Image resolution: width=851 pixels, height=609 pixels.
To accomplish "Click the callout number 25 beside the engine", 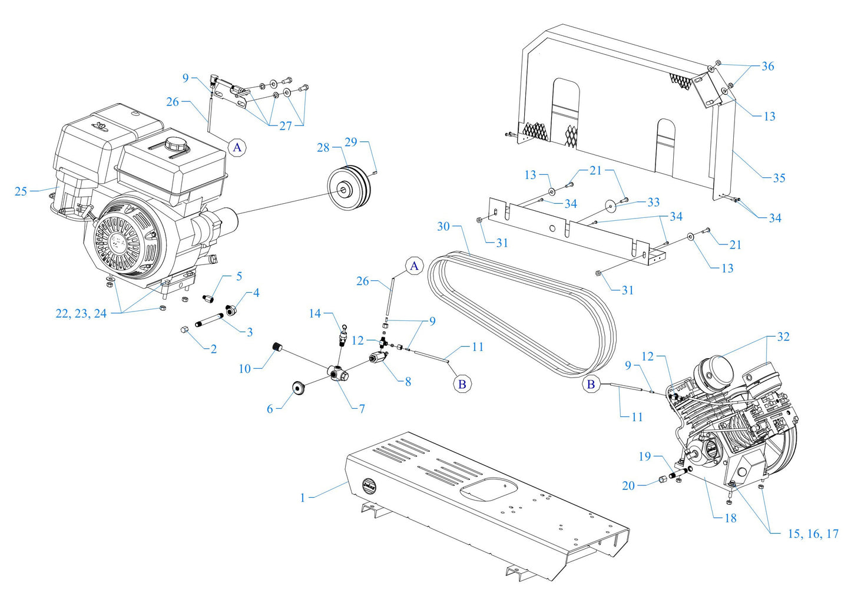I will click(x=21, y=191).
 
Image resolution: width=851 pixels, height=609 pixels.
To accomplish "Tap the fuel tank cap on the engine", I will click(x=176, y=143).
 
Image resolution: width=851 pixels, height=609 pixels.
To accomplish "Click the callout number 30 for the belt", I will click(x=443, y=226).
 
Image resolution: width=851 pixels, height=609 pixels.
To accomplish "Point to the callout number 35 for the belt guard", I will click(x=779, y=178).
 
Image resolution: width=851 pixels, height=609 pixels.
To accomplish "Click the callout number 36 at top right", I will click(x=767, y=67).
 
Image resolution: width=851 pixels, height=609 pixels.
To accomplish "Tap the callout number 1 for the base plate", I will click(x=303, y=498).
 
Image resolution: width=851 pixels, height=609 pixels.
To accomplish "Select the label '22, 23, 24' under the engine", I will click(x=81, y=314).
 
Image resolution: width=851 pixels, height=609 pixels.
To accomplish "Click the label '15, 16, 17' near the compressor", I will click(x=813, y=534).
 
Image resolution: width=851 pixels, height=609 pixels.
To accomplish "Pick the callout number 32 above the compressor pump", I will click(x=783, y=337).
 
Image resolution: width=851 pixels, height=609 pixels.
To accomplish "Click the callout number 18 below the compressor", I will click(x=730, y=518).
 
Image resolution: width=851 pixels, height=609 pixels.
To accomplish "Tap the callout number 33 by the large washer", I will click(x=653, y=202).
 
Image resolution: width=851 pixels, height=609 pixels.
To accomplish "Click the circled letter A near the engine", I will click(x=237, y=147).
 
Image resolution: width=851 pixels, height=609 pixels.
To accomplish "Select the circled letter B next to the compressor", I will click(x=590, y=385).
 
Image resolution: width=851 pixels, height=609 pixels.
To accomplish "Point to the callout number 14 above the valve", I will click(x=315, y=314).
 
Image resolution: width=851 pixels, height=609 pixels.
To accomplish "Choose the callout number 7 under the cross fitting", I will click(x=362, y=408).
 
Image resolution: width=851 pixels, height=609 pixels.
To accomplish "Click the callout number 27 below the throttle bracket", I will click(x=285, y=125).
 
